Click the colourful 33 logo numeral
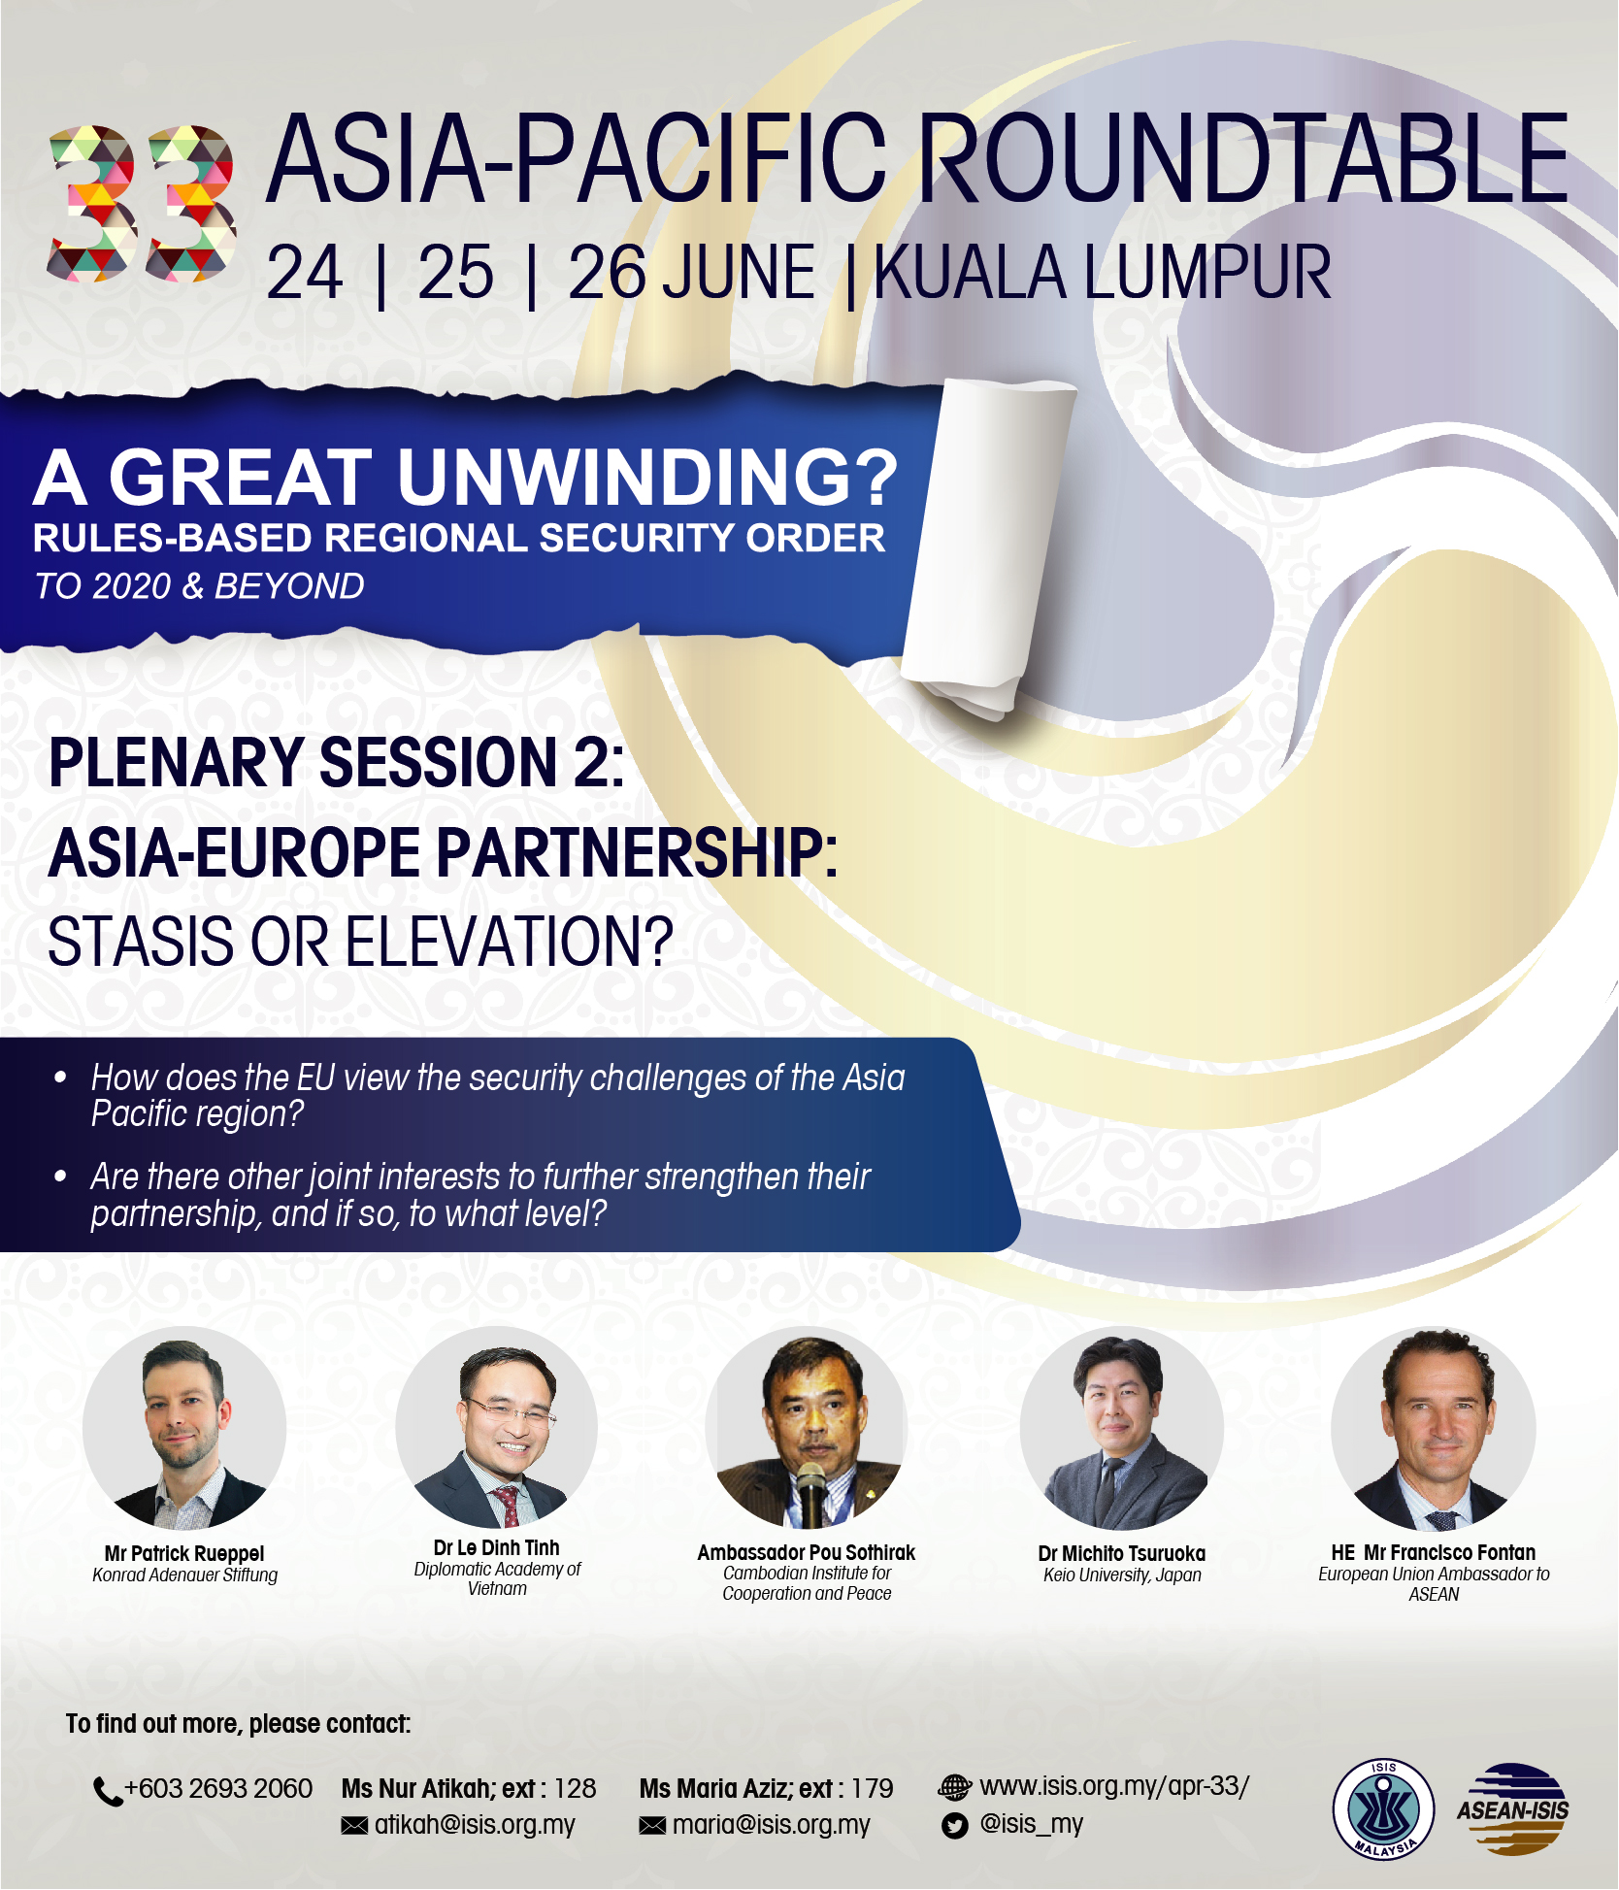pos(142,203)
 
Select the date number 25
pos(455,273)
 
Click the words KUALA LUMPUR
pos(1103,273)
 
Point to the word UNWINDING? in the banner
pos(647,478)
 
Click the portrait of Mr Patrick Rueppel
pos(184,1428)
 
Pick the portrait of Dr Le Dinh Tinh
pos(497,1428)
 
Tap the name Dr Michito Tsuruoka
pos(1122,1553)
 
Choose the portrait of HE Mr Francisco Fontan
pos(1434,1428)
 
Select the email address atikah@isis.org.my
pos(475,1825)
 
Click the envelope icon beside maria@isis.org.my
pos(652,1826)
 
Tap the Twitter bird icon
pos(955,1826)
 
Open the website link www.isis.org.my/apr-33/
pos(1114,1786)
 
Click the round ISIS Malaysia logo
pos(1383,1809)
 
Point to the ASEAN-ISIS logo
pos(1513,1808)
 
